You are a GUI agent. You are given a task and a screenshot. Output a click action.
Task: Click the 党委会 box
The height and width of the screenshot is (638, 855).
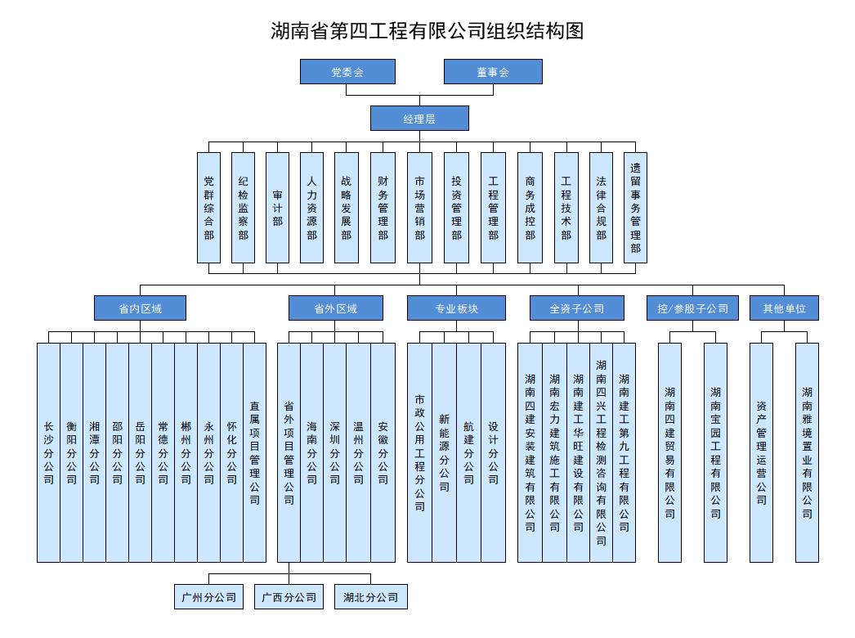pyautogui.click(x=347, y=72)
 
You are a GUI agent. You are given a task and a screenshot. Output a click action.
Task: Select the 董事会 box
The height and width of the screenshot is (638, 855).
pyautogui.click(x=493, y=72)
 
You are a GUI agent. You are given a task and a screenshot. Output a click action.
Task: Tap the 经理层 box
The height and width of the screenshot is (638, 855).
pyautogui.click(x=419, y=119)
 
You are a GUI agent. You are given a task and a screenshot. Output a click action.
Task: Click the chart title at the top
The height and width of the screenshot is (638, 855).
pyautogui.click(x=427, y=31)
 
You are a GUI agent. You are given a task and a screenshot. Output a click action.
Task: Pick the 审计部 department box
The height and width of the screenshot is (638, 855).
pyautogui.click(x=277, y=208)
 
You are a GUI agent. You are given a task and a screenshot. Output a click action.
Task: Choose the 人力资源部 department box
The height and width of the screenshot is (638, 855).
pyautogui.click(x=311, y=208)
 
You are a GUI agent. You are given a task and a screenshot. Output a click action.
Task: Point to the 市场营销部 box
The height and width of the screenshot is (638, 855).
pyautogui.click(x=419, y=208)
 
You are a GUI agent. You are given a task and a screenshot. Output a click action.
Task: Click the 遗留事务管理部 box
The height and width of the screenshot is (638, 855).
pyautogui.click(x=635, y=208)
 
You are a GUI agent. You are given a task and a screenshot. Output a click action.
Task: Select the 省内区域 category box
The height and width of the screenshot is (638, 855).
pyautogui.click(x=140, y=308)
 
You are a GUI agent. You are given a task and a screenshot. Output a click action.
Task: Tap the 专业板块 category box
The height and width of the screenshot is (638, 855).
pyautogui.click(x=456, y=308)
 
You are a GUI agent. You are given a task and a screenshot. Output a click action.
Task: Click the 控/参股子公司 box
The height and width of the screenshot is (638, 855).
pyautogui.click(x=692, y=308)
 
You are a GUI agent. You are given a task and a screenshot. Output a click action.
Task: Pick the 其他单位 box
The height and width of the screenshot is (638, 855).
pyautogui.click(x=784, y=308)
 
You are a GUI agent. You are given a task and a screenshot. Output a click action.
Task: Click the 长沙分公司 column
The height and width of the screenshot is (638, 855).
pyautogui.click(x=48, y=452)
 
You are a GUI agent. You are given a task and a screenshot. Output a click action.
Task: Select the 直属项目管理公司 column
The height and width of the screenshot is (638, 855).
pyautogui.click(x=255, y=452)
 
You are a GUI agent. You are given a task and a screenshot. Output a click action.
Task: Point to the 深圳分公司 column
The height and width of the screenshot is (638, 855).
pyautogui.click(x=334, y=452)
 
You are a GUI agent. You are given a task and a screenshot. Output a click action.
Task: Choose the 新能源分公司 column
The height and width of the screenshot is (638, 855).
pyautogui.click(x=444, y=452)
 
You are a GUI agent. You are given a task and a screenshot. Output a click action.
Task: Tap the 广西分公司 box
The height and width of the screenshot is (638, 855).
pyautogui.click(x=289, y=597)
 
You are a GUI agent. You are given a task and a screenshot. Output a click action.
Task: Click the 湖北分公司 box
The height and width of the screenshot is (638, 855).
pyautogui.click(x=371, y=597)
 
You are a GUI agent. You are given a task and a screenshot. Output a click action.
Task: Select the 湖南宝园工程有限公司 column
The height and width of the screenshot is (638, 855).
pyautogui.click(x=715, y=452)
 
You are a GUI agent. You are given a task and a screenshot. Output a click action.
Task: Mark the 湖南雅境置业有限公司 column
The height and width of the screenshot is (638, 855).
pyautogui.click(x=807, y=452)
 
